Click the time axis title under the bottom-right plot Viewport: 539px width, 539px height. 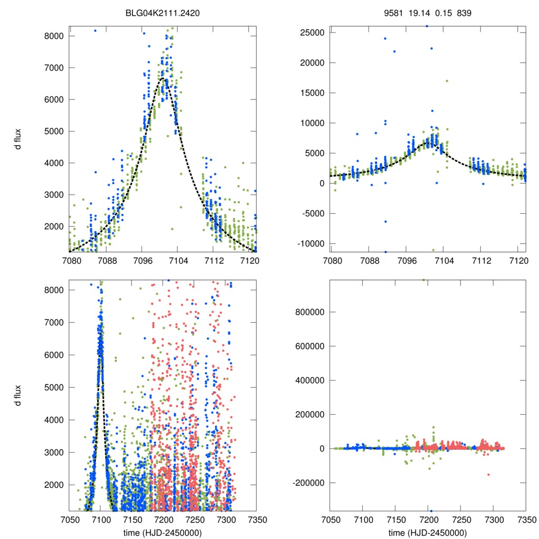427,533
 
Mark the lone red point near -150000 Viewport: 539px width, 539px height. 488,474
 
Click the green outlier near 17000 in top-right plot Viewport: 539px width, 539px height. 447,81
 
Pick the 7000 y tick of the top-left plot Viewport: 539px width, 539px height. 53,68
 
